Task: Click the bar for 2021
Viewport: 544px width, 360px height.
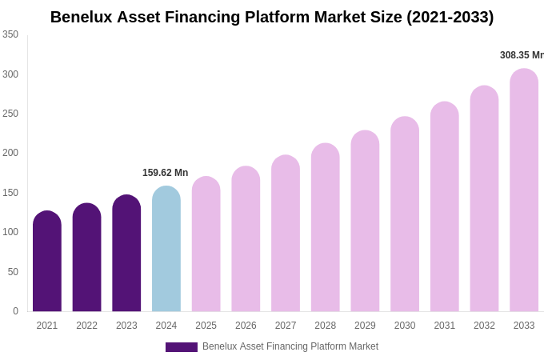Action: click(47, 262)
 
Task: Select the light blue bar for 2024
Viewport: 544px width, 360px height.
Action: click(166, 249)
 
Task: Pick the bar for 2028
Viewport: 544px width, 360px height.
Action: click(326, 228)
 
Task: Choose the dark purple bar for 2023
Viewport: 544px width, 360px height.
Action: click(126, 254)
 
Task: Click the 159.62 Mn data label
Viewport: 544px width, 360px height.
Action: click(165, 173)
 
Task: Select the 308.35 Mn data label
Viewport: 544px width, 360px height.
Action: click(521, 55)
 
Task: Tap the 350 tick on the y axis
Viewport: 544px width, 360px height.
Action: click(10, 34)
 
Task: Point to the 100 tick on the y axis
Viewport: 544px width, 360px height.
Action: click(10, 232)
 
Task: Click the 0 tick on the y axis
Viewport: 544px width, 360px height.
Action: click(15, 311)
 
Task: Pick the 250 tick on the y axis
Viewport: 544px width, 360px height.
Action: click(10, 114)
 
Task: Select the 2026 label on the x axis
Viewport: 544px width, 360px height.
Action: click(246, 326)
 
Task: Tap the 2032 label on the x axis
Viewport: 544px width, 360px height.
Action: click(484, 326)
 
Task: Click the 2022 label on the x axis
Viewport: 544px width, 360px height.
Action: click(86, 326)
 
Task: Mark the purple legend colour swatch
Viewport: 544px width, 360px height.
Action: click(182, 347)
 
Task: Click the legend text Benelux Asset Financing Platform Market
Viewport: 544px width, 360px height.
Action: click(290, 346)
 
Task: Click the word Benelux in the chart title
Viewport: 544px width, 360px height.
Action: click(81, 17)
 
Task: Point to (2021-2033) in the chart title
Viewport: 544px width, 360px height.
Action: click(450, 17)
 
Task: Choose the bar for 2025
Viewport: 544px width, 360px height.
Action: click(206, 244)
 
